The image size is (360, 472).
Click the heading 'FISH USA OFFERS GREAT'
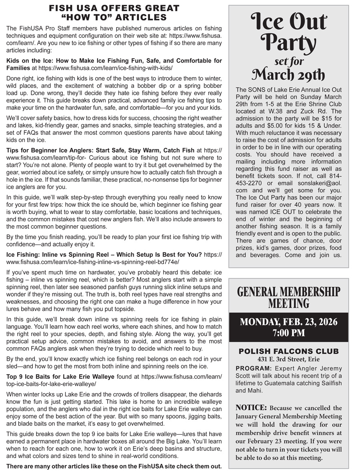(x=114, y=8)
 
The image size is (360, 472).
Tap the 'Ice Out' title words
(x=288, y=22)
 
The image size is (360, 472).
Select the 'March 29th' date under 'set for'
(x=288, y=74)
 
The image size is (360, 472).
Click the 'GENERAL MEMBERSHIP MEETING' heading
(x=288, y=297)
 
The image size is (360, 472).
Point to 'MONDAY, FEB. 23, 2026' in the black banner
(x=288, y=322)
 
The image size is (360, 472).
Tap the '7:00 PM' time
(x=288, y=333)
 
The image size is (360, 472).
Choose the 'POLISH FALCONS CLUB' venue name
(x=288, y=351)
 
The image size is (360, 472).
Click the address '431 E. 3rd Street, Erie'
(x=288, y=359)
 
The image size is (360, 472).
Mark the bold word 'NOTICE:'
(x=251, y=408)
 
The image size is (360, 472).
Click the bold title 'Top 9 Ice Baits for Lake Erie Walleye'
(x=60, y=376)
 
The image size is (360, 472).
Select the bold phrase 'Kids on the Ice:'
(x=30, y=61)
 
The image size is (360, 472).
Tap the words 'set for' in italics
(x=288, y=61)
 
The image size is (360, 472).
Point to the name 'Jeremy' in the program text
(x=331, y=368)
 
